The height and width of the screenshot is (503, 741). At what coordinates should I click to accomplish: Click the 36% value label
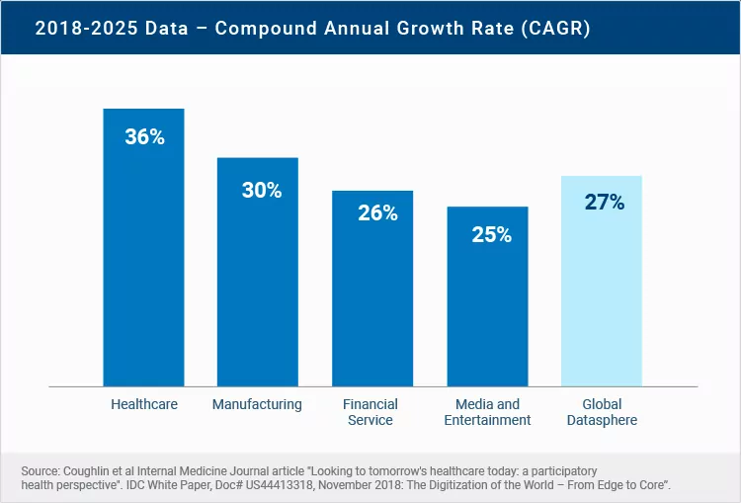pyautogui.click(x=144, y=137)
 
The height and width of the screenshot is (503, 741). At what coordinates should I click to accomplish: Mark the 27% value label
pyautogui.click(x=605, y=203)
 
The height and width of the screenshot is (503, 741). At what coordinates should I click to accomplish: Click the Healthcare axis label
pyautogui.click(x=144, y=404)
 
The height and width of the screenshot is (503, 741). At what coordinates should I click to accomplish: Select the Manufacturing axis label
pyautogui.click(x=257, y=404)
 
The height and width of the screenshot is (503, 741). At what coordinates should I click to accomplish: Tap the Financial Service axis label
pyautogui.click(x=370, y=412)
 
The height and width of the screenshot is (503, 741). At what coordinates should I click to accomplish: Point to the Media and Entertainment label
pyautogui.click(x=487, y=412)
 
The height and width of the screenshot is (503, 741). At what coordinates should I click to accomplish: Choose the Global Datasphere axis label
pyautogui.click(x=602, y=412)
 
